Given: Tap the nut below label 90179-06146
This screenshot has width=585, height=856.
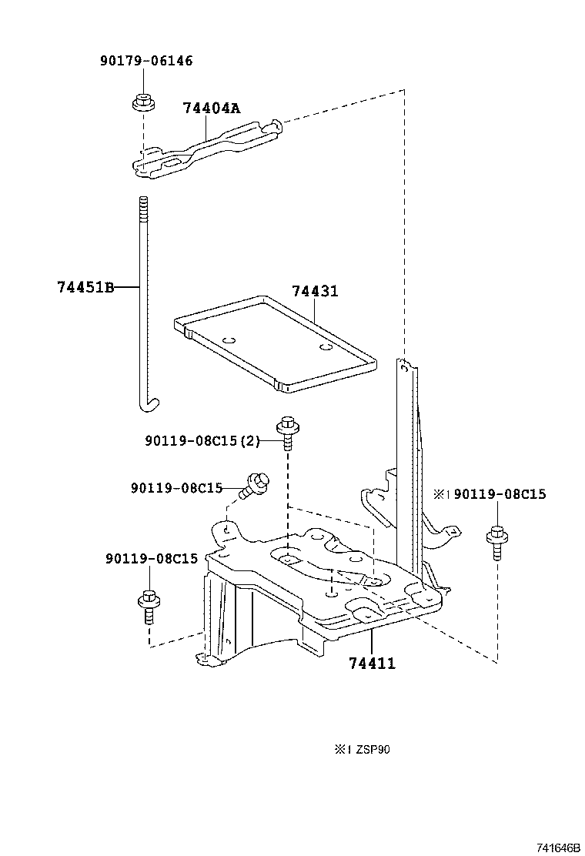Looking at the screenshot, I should pos(141,102).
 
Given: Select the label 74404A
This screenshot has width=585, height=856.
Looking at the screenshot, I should pos(211,109).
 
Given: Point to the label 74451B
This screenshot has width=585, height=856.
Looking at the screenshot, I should pos(85,287).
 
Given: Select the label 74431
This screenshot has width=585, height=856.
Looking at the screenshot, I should pos(315,292).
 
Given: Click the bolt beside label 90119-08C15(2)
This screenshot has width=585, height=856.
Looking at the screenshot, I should pos(287,433).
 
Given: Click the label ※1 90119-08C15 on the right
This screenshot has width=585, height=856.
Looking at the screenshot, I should pos(489,494).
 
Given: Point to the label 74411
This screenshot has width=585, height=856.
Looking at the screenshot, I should pos(372,663).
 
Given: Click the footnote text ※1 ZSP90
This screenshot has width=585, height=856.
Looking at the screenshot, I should pos(362,749).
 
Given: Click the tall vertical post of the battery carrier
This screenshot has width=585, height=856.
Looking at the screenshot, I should pos(407,446).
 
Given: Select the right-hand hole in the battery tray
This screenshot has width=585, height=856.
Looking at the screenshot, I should pos(326,347).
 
